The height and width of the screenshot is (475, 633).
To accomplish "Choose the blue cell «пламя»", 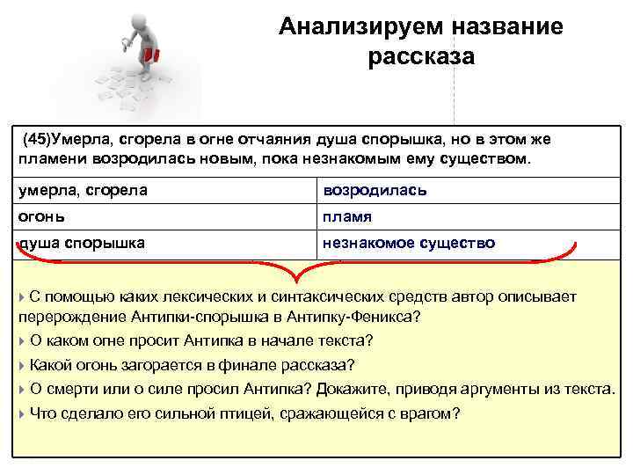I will pos(347,216).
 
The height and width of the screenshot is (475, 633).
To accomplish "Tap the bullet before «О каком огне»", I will pos(22,340).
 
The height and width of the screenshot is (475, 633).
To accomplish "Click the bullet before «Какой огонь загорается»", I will pos(22,365).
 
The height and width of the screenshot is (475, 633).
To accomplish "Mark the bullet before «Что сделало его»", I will pos(22,413).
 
